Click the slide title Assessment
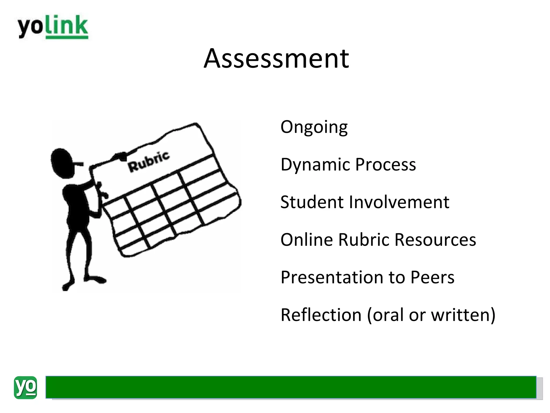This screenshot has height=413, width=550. point(276,58)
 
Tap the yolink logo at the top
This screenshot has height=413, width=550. point(53,27)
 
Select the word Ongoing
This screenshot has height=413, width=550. point(314,127)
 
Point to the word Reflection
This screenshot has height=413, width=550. point(321,315)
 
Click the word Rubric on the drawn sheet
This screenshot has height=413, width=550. point(149,162)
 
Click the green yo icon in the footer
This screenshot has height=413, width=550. point(26,387)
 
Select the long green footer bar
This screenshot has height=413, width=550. point(291,387)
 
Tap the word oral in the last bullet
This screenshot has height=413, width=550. point(388,315)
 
